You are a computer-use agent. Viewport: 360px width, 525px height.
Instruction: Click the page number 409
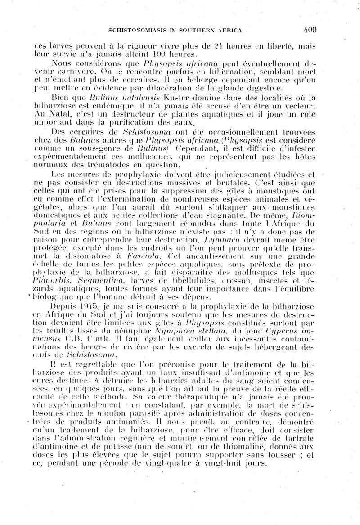point(310,30)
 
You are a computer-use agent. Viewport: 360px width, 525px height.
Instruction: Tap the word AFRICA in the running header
point(230,31)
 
